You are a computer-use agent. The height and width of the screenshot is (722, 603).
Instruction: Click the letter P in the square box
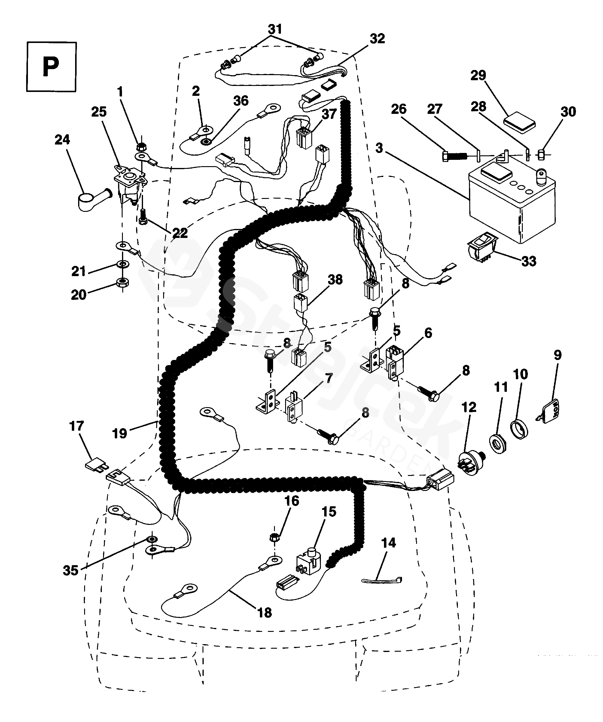pyautogui.click(x=51, y=67)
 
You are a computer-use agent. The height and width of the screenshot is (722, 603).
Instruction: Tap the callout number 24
pyautogui.click(x=62, y=140)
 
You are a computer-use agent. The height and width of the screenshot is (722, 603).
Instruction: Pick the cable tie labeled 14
pyautogui.click(x=382, y=581)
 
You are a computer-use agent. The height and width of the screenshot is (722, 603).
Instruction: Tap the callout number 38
pyautogui.click(x=335, y=279)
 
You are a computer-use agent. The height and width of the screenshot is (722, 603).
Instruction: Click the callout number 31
pyautogui.click(x=275, y=29)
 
